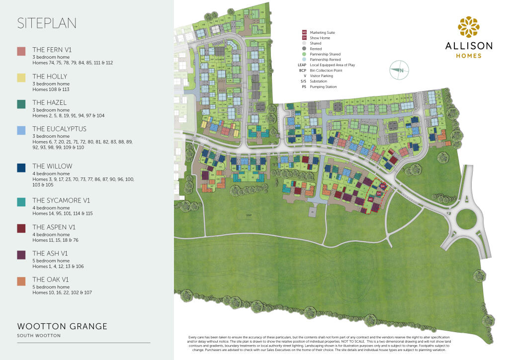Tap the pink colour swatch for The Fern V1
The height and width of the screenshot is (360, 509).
point(21,51)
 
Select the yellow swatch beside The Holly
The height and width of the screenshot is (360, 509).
point(21,77)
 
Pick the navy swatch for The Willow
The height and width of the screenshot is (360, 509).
point(21,167)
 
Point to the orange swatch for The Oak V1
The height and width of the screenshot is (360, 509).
point(21,281)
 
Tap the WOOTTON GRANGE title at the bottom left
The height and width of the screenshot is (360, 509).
point(62,327)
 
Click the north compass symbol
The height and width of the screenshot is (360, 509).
point(399,71)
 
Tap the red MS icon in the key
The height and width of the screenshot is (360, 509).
point(304,32)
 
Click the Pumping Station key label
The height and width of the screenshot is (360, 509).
point(323,87)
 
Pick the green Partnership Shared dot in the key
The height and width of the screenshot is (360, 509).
point(304,54)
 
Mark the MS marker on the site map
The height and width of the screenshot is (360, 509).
point(370,199)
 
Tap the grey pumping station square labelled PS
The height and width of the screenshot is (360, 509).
point(312,211)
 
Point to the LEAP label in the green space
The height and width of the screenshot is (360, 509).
point(248,214)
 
